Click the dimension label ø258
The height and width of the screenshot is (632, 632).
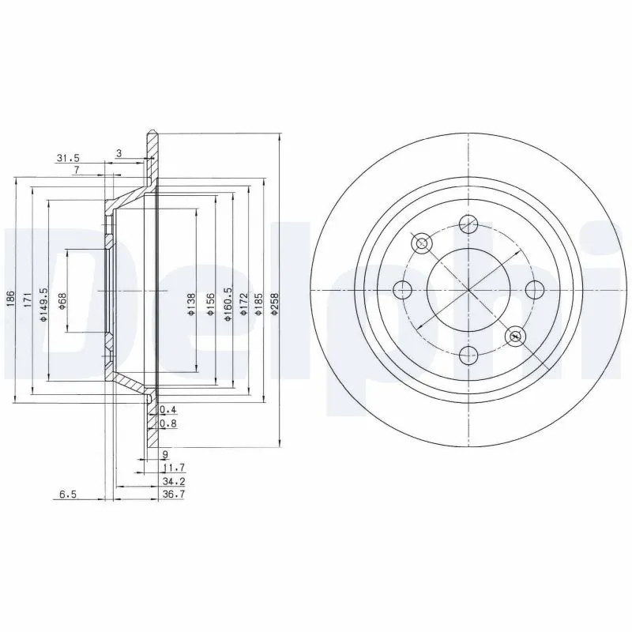click(x=275, y=303)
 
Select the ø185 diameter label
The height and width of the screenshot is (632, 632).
click(x=259, y=303)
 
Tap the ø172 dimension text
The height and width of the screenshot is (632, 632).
click(x=243, y=303)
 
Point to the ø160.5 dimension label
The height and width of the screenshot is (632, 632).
click(x=228, y=304)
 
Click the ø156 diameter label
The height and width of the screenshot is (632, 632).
click(x=209, y=304)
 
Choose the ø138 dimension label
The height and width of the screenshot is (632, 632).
click(x=191, y=304)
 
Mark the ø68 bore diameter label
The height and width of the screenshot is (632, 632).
click(x=62, y=301)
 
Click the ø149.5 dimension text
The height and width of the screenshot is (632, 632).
click(x=43, y=304)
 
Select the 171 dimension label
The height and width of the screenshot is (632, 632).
click(x=28, y=299)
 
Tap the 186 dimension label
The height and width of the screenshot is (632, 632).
click(x=11, y=299)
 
